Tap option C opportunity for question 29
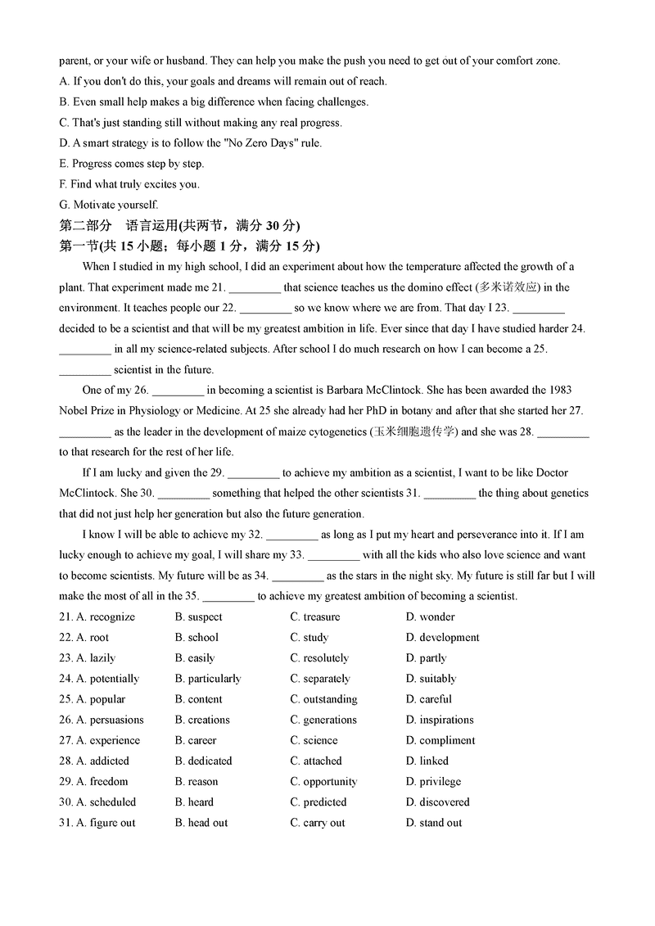pos(323,781)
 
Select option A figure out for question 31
pos(106,823)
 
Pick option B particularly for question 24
pos(208,679)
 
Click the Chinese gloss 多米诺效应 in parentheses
pos(509,287)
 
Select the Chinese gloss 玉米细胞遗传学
pos(413,431)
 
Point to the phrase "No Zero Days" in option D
pos(246,142)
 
